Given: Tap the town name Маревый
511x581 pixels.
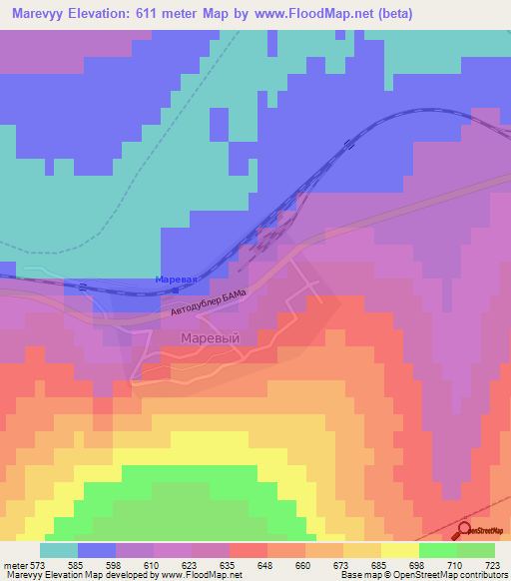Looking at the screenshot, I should pos(210,338).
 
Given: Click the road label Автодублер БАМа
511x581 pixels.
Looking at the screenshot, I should pos(208,303).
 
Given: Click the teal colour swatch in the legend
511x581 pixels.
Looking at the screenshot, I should pos(58,550).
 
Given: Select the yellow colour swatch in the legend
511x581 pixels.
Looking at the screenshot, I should pos(400,550).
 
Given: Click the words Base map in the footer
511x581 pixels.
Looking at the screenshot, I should pos(358,574).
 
